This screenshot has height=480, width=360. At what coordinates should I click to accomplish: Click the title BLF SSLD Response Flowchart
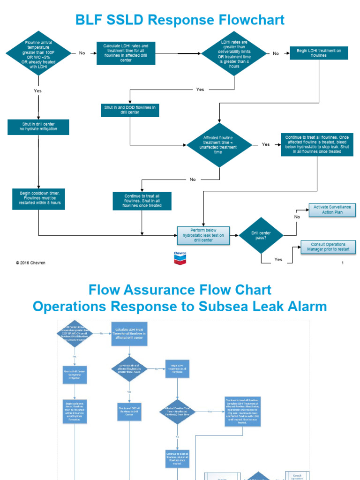point(180,20)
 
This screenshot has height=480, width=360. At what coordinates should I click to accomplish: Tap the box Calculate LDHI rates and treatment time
point(126,53)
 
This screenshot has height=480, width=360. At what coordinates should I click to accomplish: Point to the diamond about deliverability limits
point(234,53)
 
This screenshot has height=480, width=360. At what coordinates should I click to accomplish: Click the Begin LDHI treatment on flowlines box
point(318,53)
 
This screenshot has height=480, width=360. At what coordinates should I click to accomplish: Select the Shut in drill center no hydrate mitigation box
point(38,127)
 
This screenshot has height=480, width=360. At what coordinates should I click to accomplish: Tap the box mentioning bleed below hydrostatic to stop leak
point(317,144)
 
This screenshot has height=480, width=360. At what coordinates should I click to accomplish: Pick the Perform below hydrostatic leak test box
point(203,235)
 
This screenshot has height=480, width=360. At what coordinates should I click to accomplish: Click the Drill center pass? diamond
point(261,235)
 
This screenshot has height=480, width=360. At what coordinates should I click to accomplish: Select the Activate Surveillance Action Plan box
point(332,210)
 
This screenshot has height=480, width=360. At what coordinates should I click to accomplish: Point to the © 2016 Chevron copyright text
point(30,263)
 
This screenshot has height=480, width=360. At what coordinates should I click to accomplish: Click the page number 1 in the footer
point(343,263)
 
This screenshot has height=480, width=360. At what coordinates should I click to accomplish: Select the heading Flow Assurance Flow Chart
point(180,289)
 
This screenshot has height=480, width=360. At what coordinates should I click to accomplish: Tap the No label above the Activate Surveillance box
point(297,217)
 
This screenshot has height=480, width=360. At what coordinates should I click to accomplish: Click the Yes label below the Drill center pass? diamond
point(278,259)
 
